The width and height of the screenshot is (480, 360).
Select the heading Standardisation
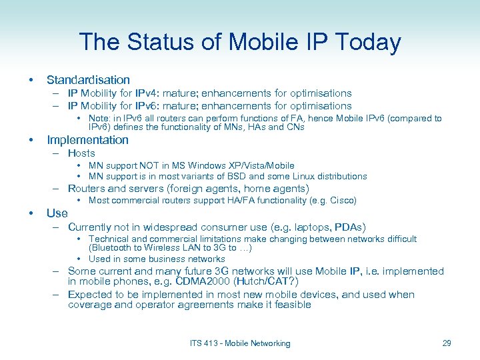tap(88, 80)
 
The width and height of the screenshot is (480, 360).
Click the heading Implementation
tap(87, 140)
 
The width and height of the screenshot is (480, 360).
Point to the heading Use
tap(57, 213)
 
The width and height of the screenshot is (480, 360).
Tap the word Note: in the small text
tap(101, 119)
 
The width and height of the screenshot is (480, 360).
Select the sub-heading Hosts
tap(81, 153)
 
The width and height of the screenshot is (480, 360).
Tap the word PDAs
tap(349, 227)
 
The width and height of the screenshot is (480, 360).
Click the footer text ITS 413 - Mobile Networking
tap(240, 343)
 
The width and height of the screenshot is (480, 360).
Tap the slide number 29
tap(447, 343)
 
